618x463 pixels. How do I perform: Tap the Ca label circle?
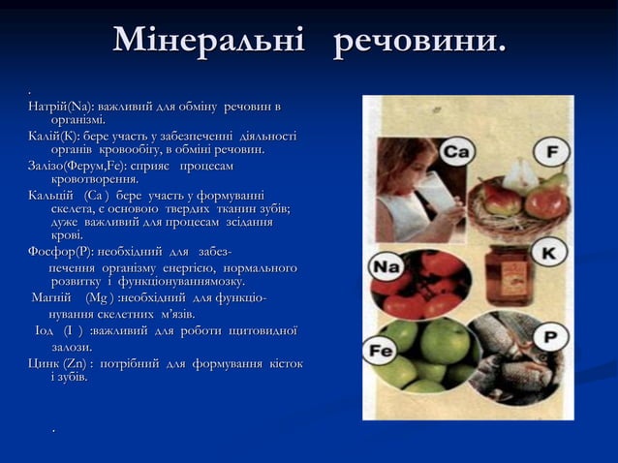coord(458,153)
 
